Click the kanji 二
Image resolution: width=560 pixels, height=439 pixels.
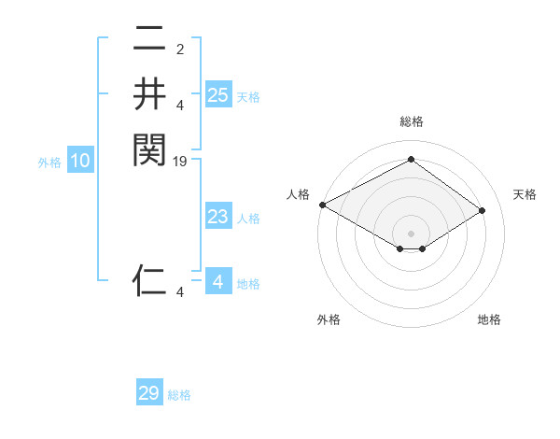pos(149,40)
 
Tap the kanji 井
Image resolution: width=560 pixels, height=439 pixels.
pos(149,94)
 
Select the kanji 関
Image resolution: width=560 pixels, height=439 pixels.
pos(149,149)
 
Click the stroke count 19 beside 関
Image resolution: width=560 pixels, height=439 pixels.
pos(181,162)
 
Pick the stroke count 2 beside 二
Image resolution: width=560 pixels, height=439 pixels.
pos(181,50)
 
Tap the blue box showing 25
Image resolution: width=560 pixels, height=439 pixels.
pos(217,94)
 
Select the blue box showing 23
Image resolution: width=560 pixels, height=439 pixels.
pos(217,217)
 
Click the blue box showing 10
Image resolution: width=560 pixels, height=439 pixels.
pos(80,161)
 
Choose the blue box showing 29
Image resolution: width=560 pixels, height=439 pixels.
pos(149,393)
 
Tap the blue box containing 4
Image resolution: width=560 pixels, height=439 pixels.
pos(217,281)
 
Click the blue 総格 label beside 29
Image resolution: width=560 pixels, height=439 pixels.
pos(179,395)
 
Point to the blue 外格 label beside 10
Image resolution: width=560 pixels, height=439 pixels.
pos(49,163)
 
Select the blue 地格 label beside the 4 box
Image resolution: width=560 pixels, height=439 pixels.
pos(248,283)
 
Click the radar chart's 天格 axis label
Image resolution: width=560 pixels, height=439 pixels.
pos(525,194)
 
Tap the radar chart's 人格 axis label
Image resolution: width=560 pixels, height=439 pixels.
pos(298,194)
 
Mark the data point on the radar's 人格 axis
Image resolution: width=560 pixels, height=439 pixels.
pos(322,205)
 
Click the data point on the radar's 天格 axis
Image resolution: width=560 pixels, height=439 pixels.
pos(483,211)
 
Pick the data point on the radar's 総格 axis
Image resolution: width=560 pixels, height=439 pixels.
pos(411,159)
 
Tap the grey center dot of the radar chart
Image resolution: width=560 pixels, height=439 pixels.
pos(411,233)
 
